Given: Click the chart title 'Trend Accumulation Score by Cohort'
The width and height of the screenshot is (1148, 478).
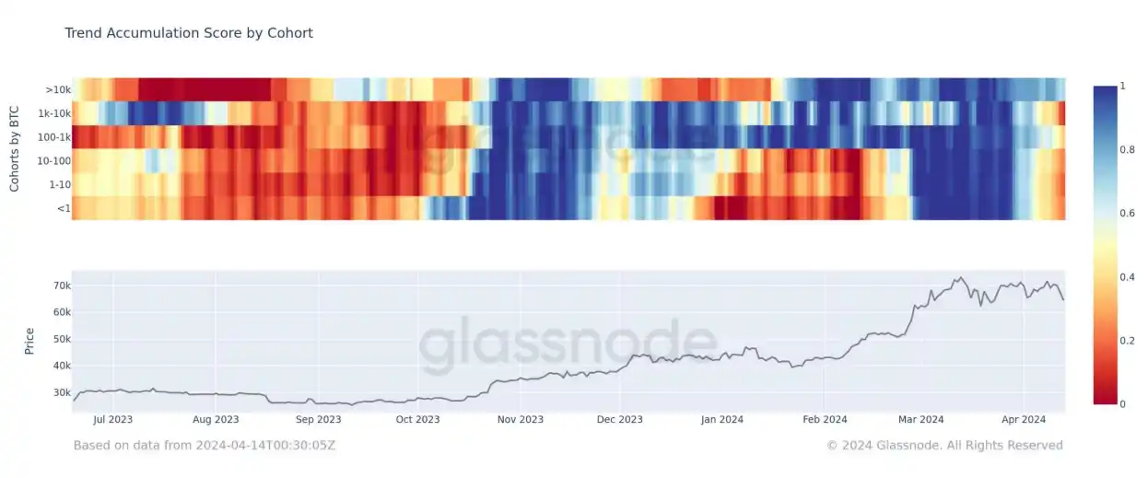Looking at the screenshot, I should (x=189, y=33).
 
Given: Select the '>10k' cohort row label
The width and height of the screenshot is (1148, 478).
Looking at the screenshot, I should (x=57, y=90).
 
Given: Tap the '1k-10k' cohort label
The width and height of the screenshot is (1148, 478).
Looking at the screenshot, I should (x=54, y=114).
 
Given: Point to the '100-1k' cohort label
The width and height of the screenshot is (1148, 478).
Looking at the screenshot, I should (x=54, y=138).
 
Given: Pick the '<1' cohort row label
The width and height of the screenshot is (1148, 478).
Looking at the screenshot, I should (x=62, y=209).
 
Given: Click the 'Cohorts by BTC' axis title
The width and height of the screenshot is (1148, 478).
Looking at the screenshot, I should (x=15, y=148).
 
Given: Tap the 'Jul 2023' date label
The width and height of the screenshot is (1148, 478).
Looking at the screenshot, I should (x=113, y=420).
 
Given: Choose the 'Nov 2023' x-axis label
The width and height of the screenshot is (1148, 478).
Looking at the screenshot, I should (x=520, y=420).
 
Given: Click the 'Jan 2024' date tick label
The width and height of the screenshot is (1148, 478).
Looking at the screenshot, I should (x=721, y=420).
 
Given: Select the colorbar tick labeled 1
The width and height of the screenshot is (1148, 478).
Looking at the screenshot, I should (x=1123, y=87).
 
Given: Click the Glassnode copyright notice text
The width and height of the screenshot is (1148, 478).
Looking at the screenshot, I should (x=944, y=446).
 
